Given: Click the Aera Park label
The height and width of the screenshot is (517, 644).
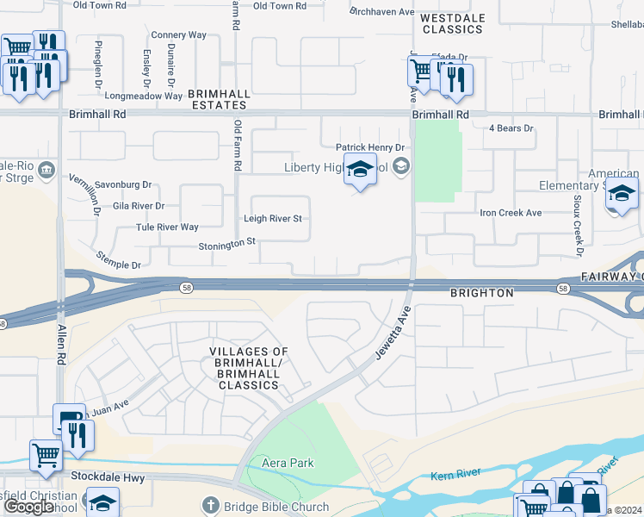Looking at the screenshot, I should pyautogui.click(x=288, y=464).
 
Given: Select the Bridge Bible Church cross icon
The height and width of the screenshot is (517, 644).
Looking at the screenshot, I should pyautogui.click(x=210, y=506).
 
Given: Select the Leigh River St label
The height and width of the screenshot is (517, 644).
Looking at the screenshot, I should pyautogui.click(x=273, y=219).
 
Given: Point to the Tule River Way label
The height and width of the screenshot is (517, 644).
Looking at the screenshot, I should pyautogui.click(x=167, y=227).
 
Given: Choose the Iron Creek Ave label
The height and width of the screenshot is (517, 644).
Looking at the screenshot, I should pyautogui.click(x=511, y=213).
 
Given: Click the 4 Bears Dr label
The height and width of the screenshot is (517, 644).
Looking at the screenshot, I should pyautogui.click(x=511, y=128).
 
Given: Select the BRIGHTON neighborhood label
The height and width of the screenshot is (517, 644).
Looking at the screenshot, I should pyautogui.click(x=482, y=293).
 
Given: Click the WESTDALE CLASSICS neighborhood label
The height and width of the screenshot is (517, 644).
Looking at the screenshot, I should pyautogui.click(x=453, y=23).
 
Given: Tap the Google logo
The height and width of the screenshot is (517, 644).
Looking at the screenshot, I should pyautogui.click(x=29, y=507).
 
